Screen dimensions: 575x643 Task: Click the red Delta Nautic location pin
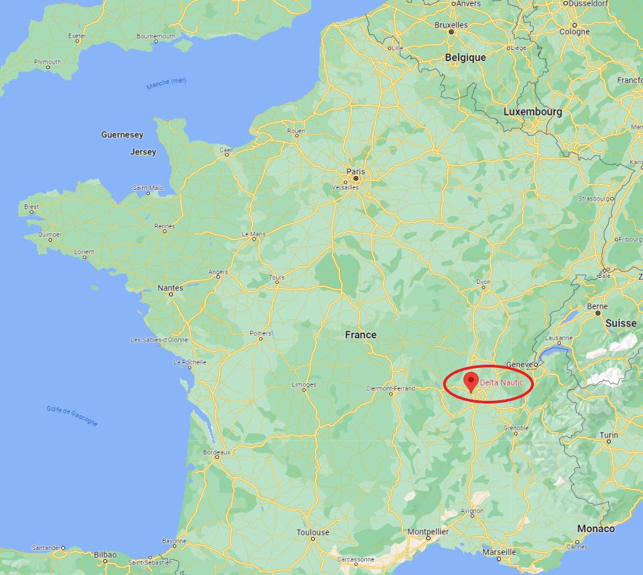coord(471,381)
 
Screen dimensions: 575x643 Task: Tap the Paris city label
coord(355,172)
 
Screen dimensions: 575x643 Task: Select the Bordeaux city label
coord(216,452)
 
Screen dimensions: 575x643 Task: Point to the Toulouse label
coord(313,532)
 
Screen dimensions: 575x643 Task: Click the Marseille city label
coord(499,552)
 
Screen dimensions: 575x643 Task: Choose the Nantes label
coord(170,288)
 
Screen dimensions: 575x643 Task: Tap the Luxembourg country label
coord(533,112)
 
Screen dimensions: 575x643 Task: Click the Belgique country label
coord(465,58)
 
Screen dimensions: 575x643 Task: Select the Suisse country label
coord(621,323)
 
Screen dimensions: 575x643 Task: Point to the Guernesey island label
coord(122,135)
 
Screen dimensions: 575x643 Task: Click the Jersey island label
coord(143,152)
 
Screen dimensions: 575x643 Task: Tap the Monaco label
coord(596,528)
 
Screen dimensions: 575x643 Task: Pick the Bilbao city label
coord(105,555)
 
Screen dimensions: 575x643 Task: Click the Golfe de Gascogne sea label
coord(72,416)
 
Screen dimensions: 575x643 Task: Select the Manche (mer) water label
coord(166,84)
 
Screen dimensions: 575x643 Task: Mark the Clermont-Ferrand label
coord(391,388)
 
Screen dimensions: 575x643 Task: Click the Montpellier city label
coord(428,531)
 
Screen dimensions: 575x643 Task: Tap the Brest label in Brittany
coord(32,206)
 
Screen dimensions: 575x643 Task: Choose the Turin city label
coord(609,435)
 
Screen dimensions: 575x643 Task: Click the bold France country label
coord(361,334)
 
